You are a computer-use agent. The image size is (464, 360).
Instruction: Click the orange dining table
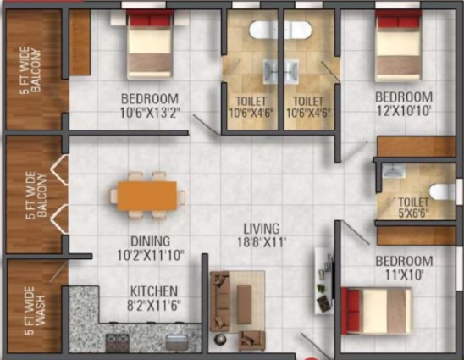click(147, 196)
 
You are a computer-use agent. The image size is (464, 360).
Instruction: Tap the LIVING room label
click(262, 229)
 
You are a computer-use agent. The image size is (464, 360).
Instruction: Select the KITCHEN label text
click(154, 291)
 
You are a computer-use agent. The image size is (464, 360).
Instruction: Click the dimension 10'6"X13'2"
click(150, 113)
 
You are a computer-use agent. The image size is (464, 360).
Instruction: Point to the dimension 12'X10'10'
click(404, 111)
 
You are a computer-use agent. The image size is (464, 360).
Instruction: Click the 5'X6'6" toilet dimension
click(413, 213)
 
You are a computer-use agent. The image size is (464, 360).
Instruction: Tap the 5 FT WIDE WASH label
click(35, 310)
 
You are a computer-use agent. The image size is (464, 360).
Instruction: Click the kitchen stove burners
click(118, 342)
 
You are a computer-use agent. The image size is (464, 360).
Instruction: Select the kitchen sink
click(177, 342)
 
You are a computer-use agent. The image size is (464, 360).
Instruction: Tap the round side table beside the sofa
click(220, 339)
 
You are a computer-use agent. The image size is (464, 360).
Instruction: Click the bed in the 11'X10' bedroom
click(376, 311)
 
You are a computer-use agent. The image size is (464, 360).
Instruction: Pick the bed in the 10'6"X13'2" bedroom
click(150, 44)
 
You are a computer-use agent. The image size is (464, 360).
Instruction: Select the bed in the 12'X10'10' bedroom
click(398, 45)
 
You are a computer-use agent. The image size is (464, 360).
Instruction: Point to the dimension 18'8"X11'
click(262, 242)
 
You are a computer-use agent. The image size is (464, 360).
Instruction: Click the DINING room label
click(151, 241)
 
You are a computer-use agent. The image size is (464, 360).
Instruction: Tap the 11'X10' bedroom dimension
click(404, 275)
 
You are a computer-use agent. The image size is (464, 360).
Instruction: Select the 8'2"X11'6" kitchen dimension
click(154, 306)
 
